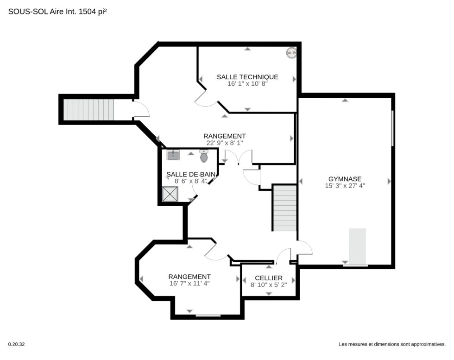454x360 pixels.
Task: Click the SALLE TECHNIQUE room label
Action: pos(247,77)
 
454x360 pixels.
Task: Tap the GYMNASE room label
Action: pos(345,179)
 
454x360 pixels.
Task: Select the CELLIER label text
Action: pos(269,278)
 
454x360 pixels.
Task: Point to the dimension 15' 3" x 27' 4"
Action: pos(345,186)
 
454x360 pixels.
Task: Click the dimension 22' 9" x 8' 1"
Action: pos(225,143)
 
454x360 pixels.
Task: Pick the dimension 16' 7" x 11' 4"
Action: pos(189,283)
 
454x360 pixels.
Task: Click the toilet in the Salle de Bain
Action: pos(204,156)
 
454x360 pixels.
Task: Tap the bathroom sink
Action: pos(173,155)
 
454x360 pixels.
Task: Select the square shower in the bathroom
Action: pos(170,194)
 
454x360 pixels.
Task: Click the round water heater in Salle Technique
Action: pos(291,53)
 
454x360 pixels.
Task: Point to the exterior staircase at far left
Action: pos(88,109)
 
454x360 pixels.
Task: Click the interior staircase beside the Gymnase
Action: pos(285,208)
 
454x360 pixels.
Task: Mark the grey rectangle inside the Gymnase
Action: pos(357,246)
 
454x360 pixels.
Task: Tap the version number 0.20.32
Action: pos(16,344)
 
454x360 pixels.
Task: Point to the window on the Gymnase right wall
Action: pos(393,128)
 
